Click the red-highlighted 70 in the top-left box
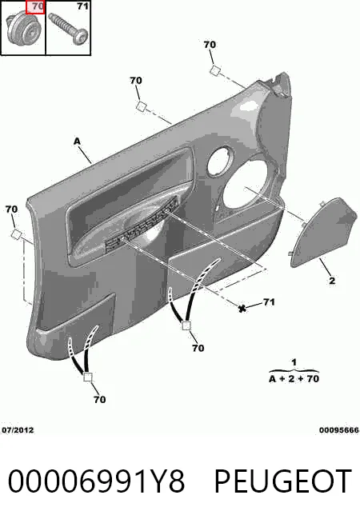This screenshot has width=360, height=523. point(35,7)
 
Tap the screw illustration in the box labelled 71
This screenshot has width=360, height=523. point(68,28)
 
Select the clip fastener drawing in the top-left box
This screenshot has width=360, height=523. point(22,29)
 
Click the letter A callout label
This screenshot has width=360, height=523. point(77,142)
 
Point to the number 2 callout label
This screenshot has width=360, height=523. point(332,281)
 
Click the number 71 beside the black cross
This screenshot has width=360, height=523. point(270,302)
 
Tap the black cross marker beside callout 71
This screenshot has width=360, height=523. point(242,308)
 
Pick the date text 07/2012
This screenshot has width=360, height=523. point(18,430)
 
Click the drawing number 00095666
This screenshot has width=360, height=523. point(339,430)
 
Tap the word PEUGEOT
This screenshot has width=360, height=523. point(283,481)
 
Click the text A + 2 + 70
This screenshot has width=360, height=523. point(294,379)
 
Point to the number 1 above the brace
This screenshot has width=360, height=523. point(294,362)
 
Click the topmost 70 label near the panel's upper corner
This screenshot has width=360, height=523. point(210,44)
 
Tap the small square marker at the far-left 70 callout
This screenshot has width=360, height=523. point(16,234)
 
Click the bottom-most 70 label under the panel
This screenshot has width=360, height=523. point(99,399)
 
